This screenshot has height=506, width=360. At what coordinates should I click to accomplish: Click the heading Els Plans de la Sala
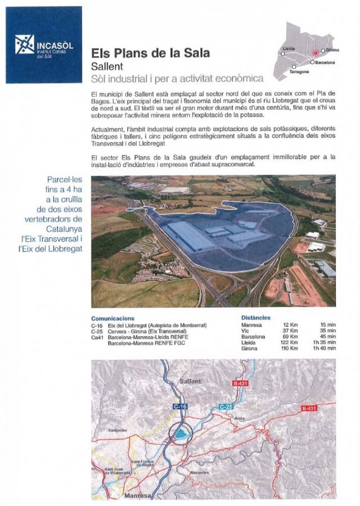(x=151, y=53)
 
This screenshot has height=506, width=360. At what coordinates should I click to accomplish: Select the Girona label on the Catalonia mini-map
(x=332, y=50)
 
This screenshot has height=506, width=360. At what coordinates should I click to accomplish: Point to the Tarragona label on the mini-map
(x=299, y=72)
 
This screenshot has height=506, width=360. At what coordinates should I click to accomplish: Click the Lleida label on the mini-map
(x=288, y=48)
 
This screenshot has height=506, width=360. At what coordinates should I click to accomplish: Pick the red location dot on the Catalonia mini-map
(x=316, y=53)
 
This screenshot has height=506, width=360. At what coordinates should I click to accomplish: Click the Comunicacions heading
(x=113, y=319)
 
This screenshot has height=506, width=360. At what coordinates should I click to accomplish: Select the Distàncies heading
(x=256, y=317)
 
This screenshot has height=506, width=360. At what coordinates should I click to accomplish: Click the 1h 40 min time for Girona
(x=324, y=348)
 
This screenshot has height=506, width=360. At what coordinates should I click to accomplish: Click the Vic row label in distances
(x=245, y=331)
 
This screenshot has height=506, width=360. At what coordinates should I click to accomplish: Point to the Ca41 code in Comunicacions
(x=97, y=337)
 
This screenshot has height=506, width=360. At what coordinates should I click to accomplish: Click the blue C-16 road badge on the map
(x=180, y=406)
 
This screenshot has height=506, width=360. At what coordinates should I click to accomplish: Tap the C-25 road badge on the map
(x=226, y=407)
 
